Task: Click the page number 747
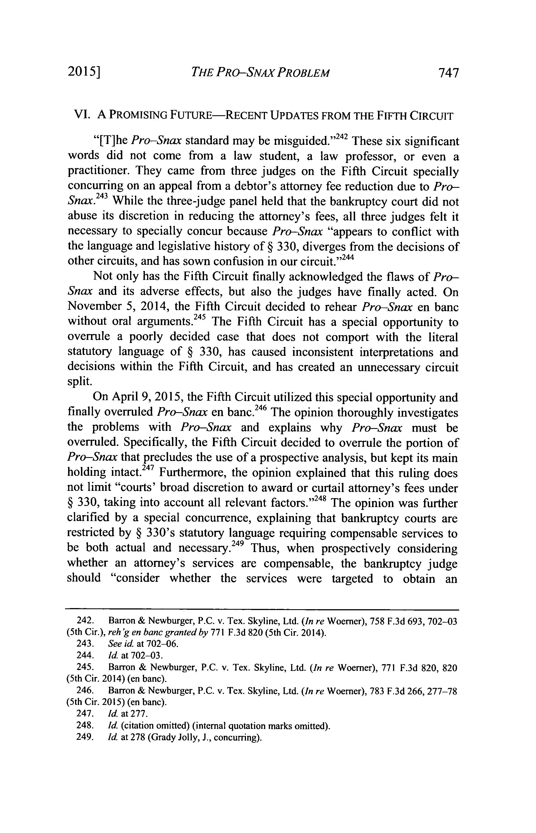click(x=449, y=73)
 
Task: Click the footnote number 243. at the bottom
click(x=84, y=644)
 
